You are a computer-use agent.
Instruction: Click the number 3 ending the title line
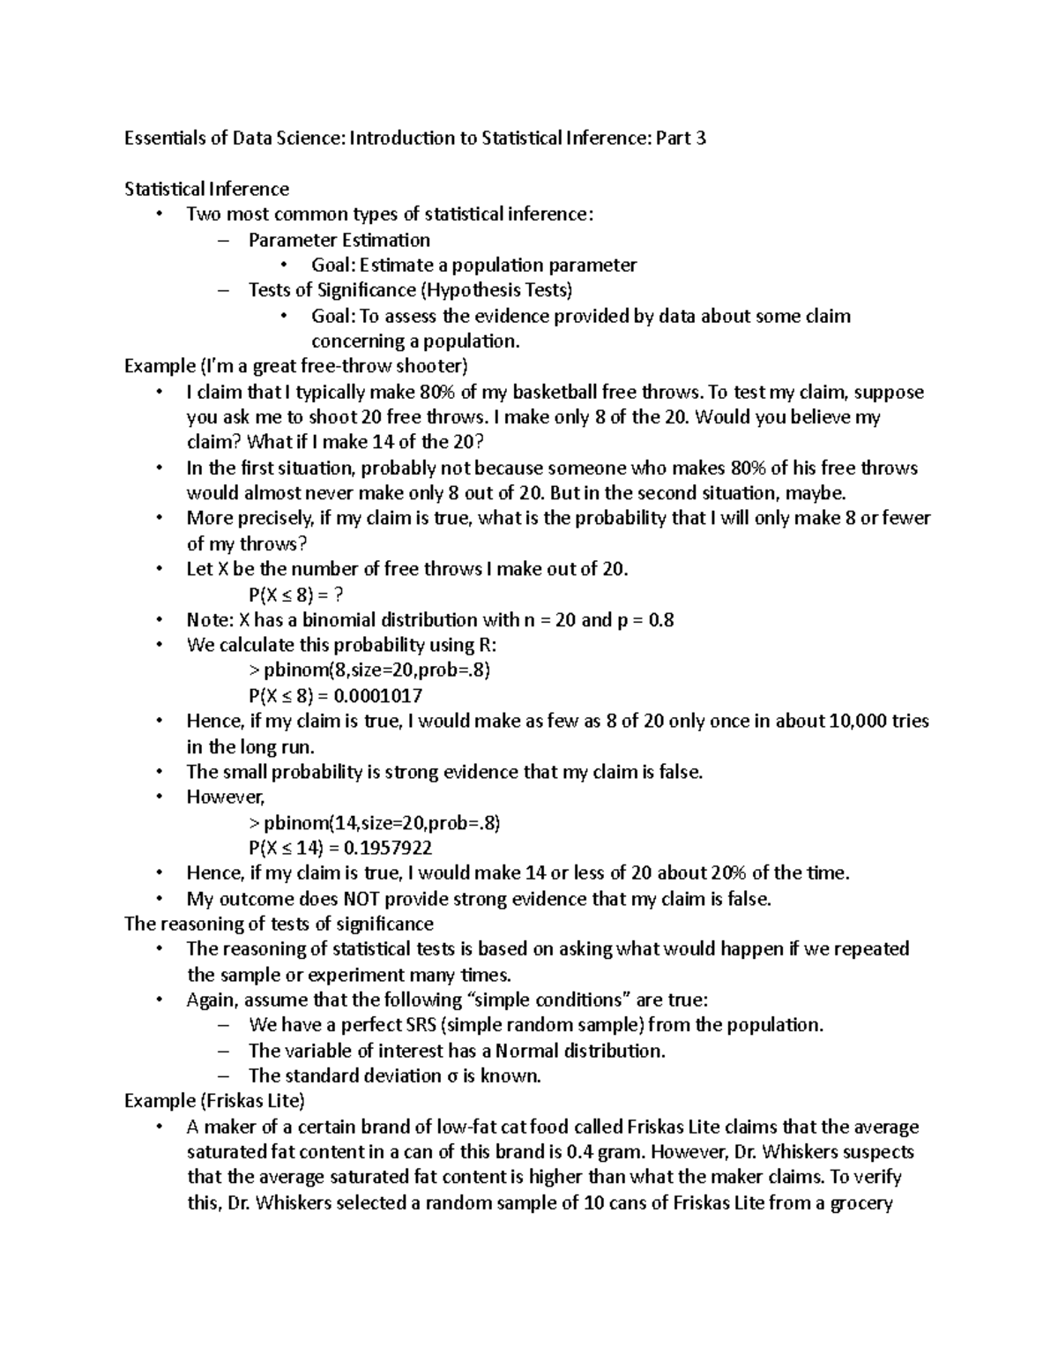(x=700, y=138)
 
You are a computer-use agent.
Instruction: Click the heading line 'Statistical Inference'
(x=206, y=189)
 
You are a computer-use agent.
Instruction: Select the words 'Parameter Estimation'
(x=339, y=240)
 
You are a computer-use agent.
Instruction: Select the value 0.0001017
(x=383, y=695)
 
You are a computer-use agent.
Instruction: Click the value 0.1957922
(x=388, y=848)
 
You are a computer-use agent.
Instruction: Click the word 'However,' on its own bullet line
(x=226, y=797)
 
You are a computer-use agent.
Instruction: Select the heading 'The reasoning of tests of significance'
(x=279, y=924)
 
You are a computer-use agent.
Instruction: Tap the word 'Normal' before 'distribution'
(x=527, y=1051)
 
